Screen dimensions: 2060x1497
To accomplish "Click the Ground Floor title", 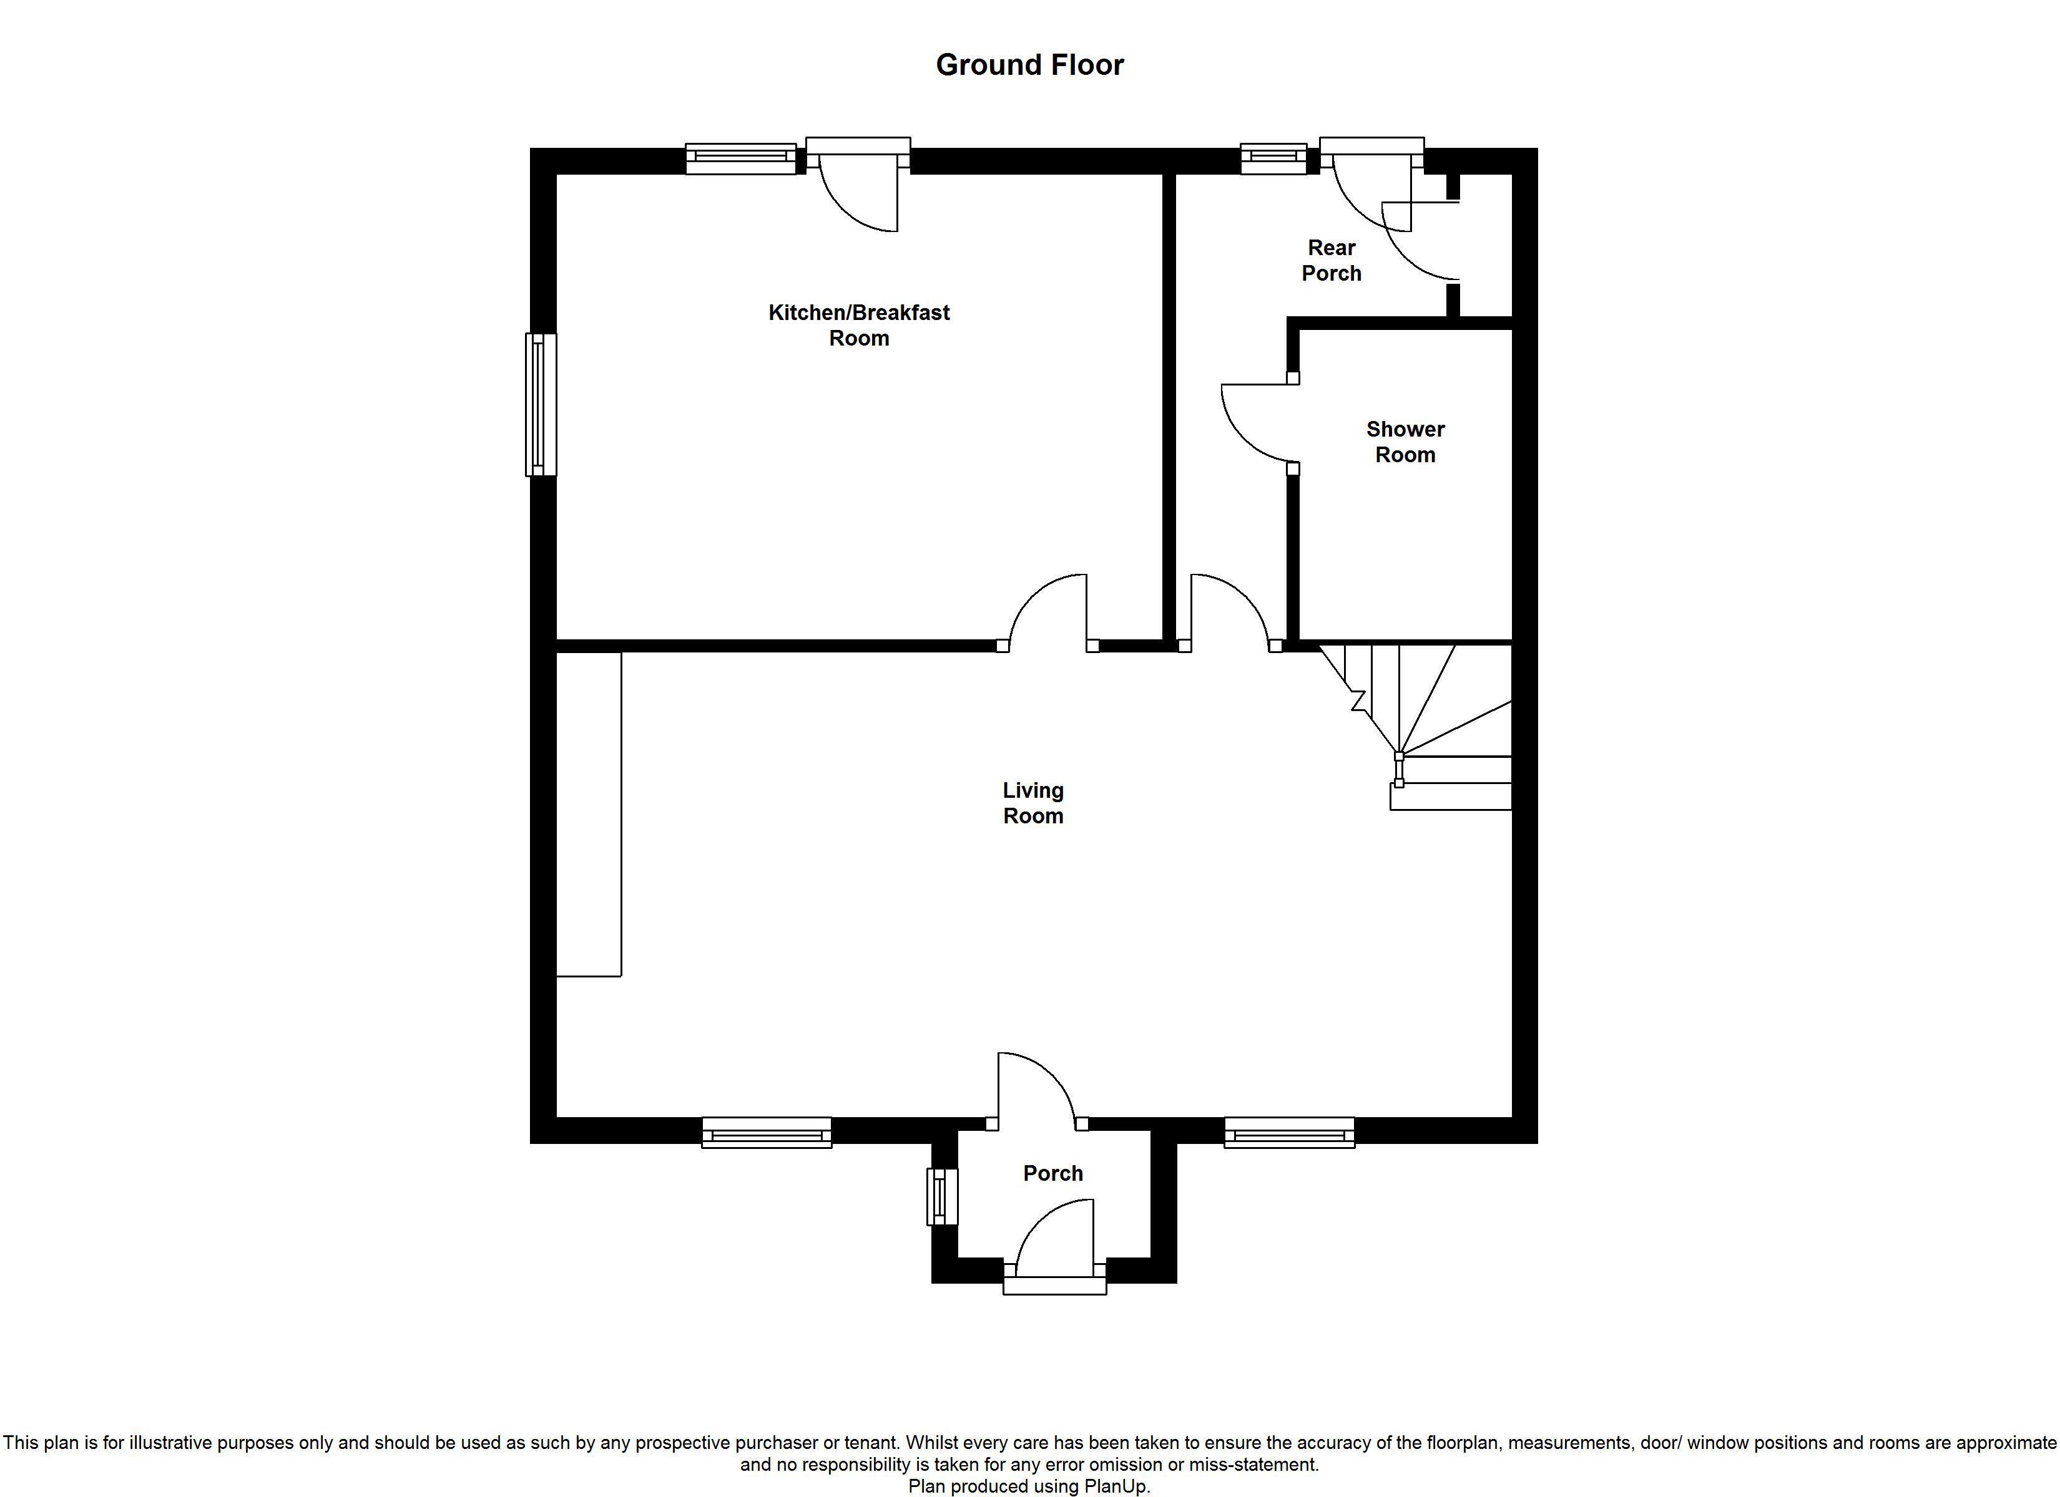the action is pyautogui.click(x=1030, y=64).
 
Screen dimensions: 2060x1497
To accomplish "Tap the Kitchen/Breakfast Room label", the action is pyautogui.click(x=859, y=325).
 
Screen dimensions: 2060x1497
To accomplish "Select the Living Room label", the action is pyautogui.click(x=1032, y=803).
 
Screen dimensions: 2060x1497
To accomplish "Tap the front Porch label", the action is pyautogui.click(x=1052, y=1173).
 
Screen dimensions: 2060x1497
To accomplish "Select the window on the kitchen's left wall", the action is pyautogui.click(x=541, y=404).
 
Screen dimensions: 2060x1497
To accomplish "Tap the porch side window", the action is pyautogui.click(x=942, y=1196).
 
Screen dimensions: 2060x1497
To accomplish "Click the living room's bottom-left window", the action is pyautogui.click(x=767, y=1133).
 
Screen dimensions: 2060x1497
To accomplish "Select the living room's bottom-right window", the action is pyautogui.click(x=1289, y=1133).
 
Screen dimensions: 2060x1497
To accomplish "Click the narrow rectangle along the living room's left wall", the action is pyautogui.click(x=589, y=815).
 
